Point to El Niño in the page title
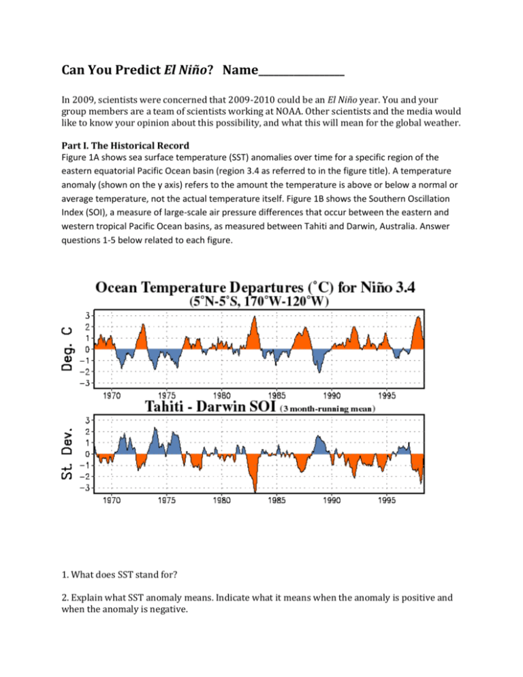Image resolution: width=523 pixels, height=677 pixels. (x=188, y=70)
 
